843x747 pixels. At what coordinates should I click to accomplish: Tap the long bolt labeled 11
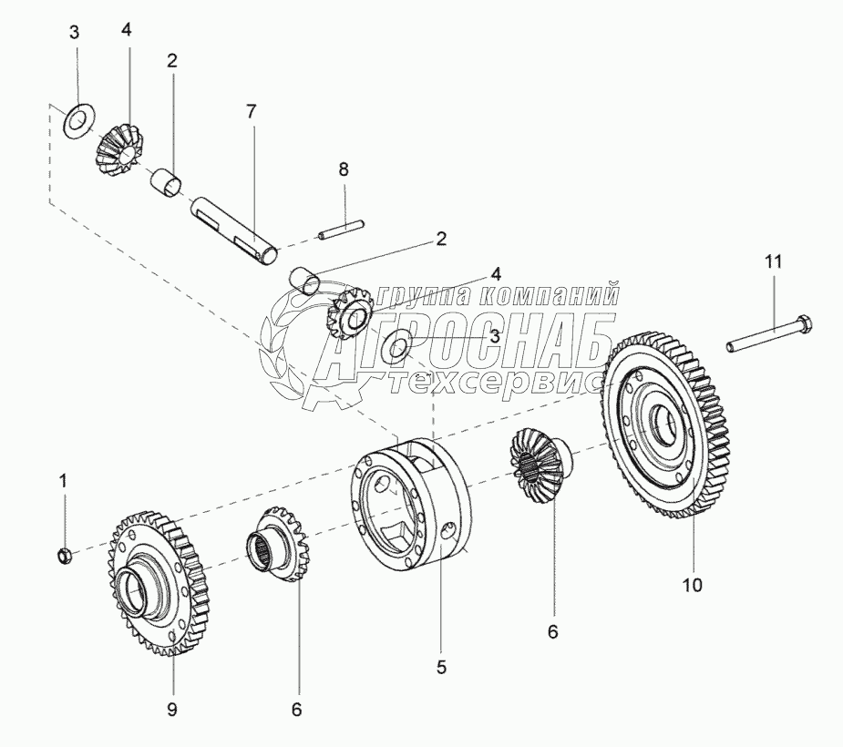pos(769,333)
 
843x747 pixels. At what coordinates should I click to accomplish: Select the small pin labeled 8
pos(342,229)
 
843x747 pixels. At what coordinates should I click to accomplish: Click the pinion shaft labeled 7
pos(235,230)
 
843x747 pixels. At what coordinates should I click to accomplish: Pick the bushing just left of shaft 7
pos(166,183)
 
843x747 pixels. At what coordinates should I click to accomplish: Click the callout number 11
pos(774,262)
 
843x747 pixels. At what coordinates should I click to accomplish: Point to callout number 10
pos(693,585)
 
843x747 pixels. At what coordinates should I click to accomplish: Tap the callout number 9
pos(171,711)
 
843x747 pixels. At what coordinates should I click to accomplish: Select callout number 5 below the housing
pos(441,668)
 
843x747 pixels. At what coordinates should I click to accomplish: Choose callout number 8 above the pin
pos(344,169)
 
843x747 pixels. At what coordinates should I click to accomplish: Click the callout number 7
pos(251,112)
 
